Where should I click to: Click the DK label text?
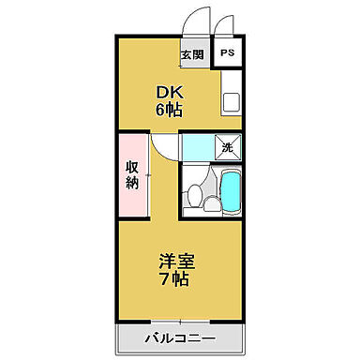169,92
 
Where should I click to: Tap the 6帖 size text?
169,109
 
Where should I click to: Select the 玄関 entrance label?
191,54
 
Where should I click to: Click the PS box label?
228,53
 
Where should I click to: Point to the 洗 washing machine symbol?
226,146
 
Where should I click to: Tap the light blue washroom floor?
198,147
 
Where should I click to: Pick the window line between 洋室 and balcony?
179,321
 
